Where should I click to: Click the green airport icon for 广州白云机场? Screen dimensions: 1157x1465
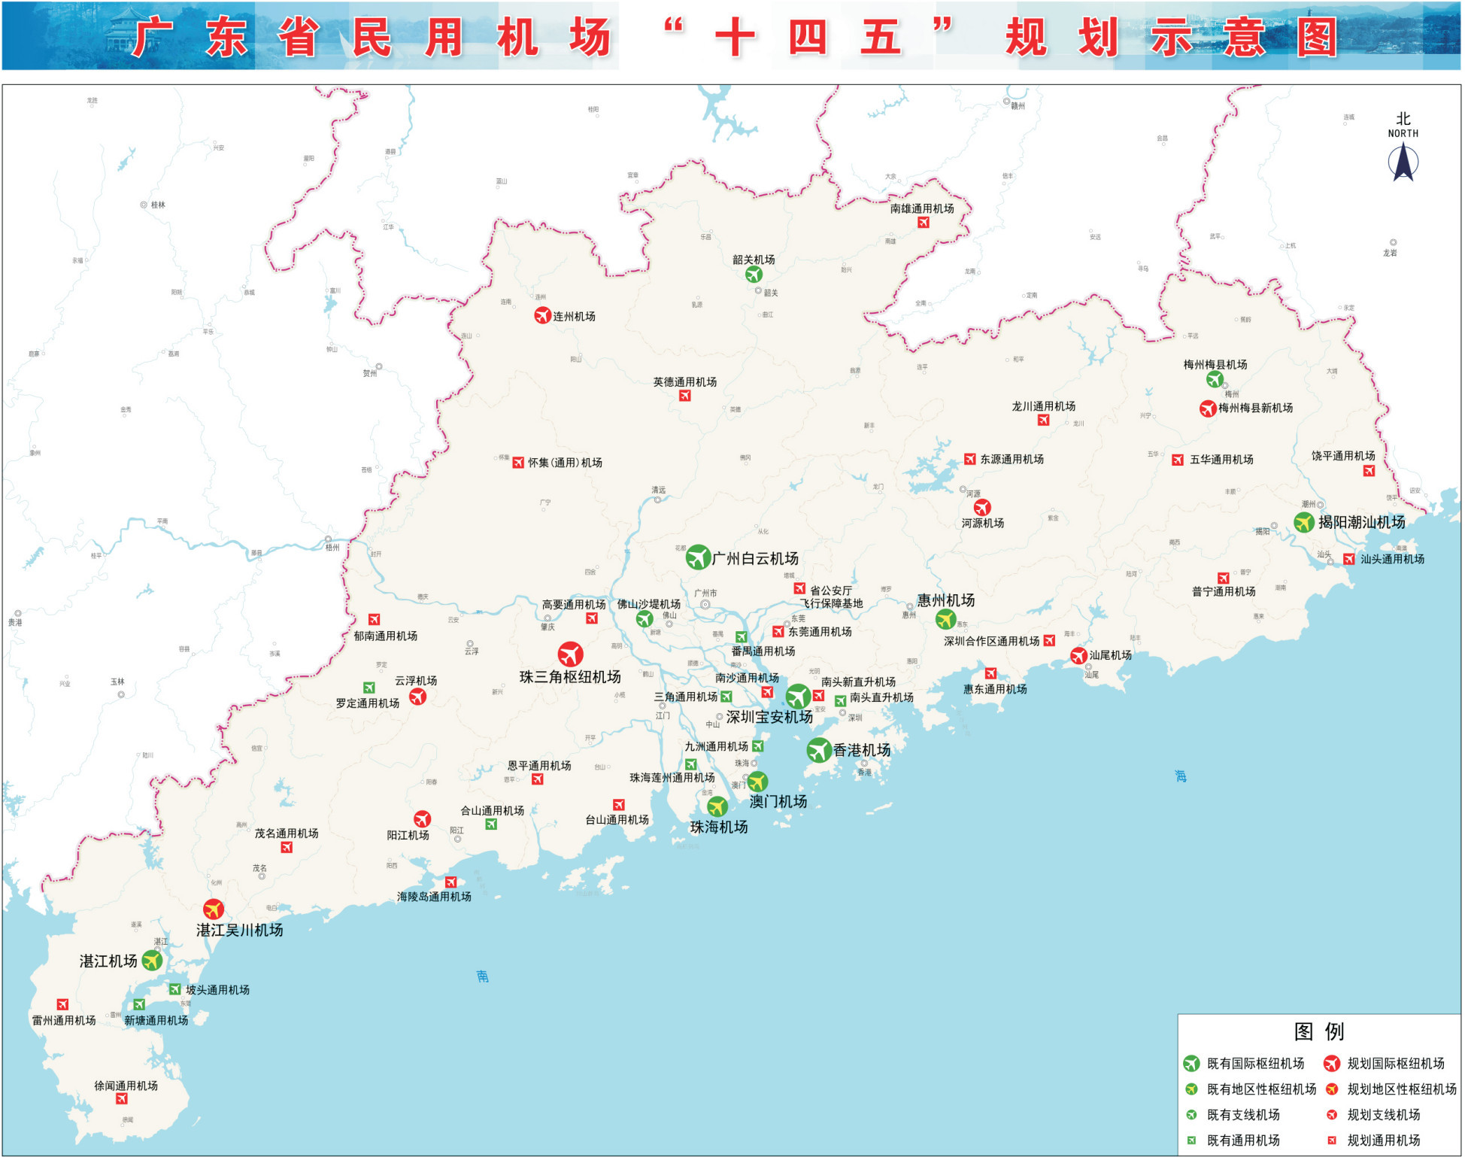[698, 557]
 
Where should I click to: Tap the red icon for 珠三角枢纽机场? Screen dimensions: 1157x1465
[570, 654]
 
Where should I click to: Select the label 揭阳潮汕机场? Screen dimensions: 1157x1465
[1361, 522]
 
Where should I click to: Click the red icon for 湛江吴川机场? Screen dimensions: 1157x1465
[214, 910]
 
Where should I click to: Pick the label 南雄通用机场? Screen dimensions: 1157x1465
[922, 208]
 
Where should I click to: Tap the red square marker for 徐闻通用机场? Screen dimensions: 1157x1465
[122, 1099]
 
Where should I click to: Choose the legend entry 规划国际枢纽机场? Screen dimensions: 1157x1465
[1396, 1064]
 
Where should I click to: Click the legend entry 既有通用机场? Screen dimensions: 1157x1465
[1243, 1140]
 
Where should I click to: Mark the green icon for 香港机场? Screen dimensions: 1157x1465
[818, 750]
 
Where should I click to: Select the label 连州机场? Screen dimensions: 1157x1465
[574, 317]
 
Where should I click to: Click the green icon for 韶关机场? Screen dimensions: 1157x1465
[754, 275]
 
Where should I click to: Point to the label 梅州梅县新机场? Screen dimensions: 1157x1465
[1255, 408]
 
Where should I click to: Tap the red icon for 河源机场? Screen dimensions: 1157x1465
[982, 508]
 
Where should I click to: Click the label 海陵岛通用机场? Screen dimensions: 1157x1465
[434, 897]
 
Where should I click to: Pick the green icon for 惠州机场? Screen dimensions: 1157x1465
[945, 619]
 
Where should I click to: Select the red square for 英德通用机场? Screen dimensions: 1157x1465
[684, 396]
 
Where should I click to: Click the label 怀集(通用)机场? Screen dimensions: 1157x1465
[565, 463]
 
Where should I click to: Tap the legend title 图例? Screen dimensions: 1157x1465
[1318, 1031]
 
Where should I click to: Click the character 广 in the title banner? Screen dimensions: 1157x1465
[153, 38]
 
